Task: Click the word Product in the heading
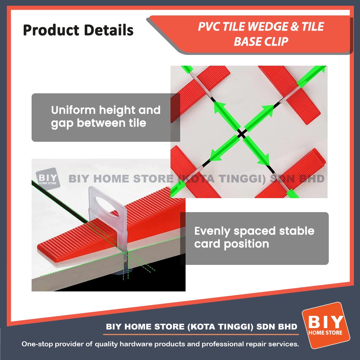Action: (x=51, y=30)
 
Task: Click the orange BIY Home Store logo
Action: (x=326, y=325)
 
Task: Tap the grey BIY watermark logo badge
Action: (x=48, y=179)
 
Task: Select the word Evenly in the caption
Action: (x=212, y=232)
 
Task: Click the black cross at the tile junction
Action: (x=242, y=133)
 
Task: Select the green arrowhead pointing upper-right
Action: (x=267, y=110)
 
